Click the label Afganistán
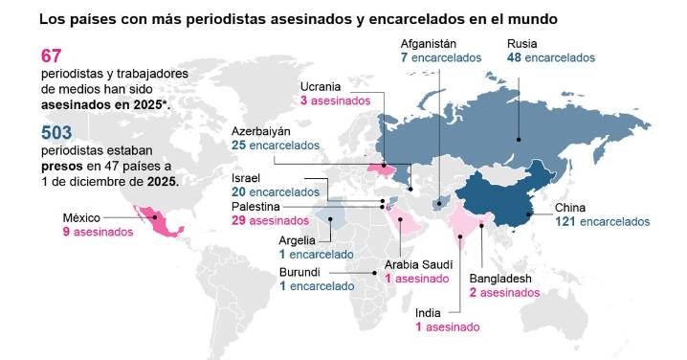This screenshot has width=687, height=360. coord(429,43)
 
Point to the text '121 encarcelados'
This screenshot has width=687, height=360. coord(603,222)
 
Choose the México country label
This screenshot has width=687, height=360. coord(82,216)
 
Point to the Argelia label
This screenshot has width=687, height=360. coord(299,239)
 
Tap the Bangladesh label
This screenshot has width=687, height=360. coord(500,279)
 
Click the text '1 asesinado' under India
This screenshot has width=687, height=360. coord(447,326)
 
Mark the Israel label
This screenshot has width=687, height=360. coord(246,178)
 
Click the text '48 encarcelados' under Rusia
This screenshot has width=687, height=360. coord(551,57)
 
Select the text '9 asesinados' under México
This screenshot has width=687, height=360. coord(99,232)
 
